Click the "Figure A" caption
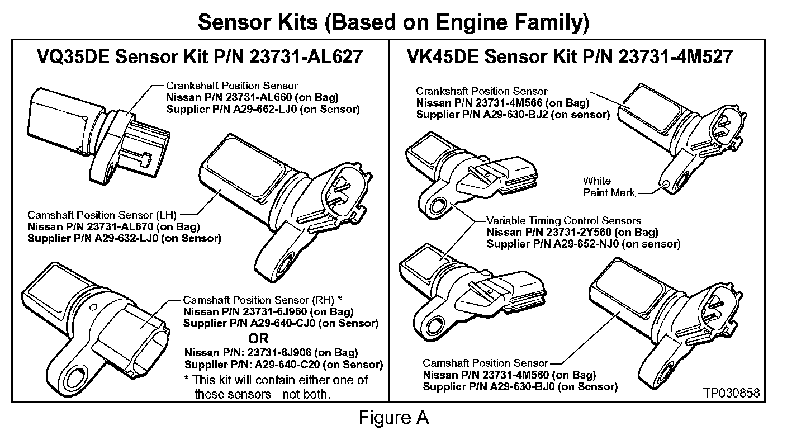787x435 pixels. click(x=393, y=417)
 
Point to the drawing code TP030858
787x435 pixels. click(x=733, y=393)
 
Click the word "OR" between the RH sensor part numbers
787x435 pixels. click(x=258, y=338)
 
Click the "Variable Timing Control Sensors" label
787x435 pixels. click(x=563, y=220)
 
